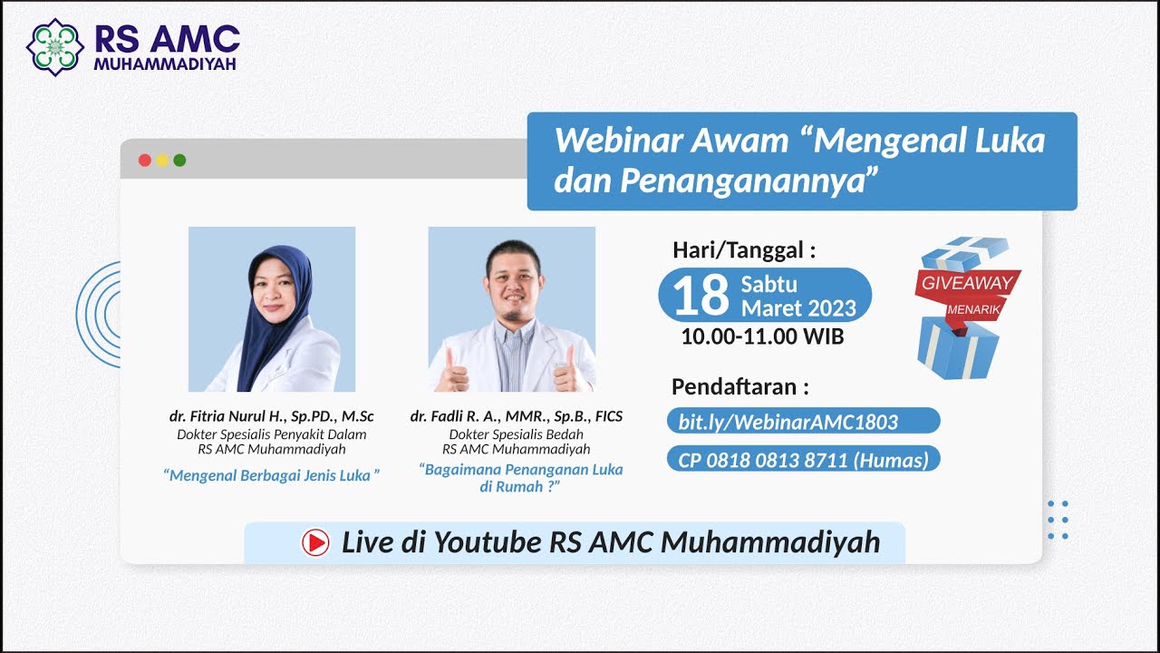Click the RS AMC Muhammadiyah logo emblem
point(55,47)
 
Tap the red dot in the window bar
point(144,161)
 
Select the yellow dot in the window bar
point(162,161)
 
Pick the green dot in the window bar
point(179,161)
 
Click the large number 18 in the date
point(701,295)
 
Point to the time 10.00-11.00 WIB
point(762,336)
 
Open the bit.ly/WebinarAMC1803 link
point(788,421)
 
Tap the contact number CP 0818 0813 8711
point(803,460)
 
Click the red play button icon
point(315,542)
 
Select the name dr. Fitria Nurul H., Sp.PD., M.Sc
point(271,416)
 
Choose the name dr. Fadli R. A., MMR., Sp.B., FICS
point(516,416)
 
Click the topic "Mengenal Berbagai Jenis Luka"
point(271,475)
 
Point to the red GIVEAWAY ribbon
point(966,283)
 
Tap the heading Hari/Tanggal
point(743,250)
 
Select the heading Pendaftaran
point(739,387)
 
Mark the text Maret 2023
point(797,308)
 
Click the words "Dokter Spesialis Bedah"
point(516,434)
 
